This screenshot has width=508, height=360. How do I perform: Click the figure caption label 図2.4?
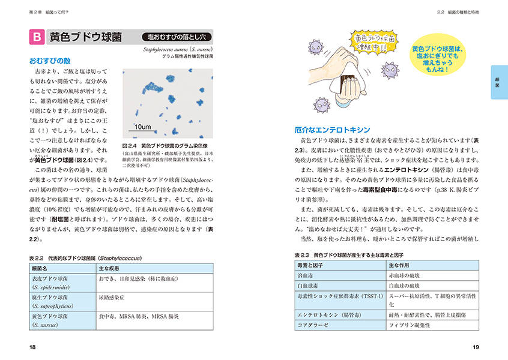pyautogui.click(x=130, y=146)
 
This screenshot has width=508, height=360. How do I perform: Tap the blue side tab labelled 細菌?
pyautogui.click(x=498, y=82)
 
